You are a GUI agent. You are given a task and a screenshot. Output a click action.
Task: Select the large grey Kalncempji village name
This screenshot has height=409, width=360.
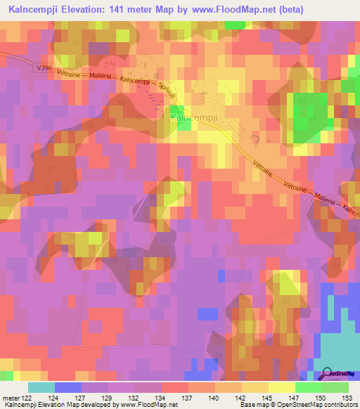tap(191, 119)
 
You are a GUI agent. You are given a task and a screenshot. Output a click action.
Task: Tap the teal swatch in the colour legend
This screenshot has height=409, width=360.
tap(41, 387)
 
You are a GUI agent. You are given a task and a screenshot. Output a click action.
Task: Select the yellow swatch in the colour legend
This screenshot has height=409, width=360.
tap(282, 387)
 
